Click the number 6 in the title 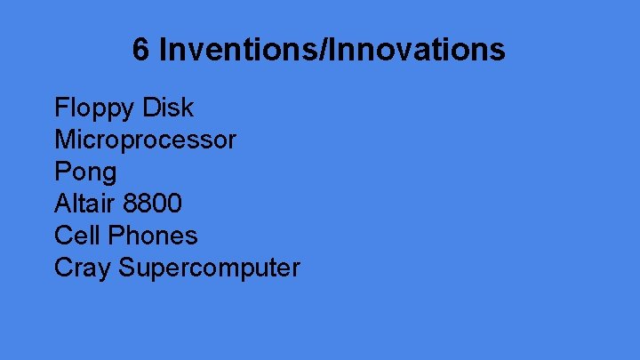click(141, 50)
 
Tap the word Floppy click(91, 108)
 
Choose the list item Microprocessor click(145, 140)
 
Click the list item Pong click(85, 172)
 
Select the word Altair click(83, 204)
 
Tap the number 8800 click(152, 204)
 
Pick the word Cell click(75, 236)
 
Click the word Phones click(150, 236)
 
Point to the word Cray click(82, 268)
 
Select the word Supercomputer click(210, 268)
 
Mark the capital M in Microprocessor click(64, 140)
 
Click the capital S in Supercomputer click(127, 268)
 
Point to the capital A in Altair click(62, 204)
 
